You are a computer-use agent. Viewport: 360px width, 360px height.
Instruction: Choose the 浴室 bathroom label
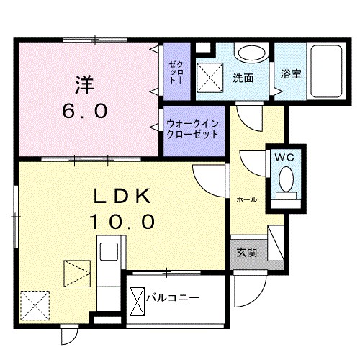click(291, 74)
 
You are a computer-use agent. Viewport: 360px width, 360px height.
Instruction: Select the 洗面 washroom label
click(242, 77)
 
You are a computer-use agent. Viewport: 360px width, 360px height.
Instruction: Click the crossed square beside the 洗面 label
click(212, 75)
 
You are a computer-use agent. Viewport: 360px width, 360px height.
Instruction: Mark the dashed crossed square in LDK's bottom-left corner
click(34, 305)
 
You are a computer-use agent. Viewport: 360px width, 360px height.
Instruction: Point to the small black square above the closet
click(202, 48)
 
